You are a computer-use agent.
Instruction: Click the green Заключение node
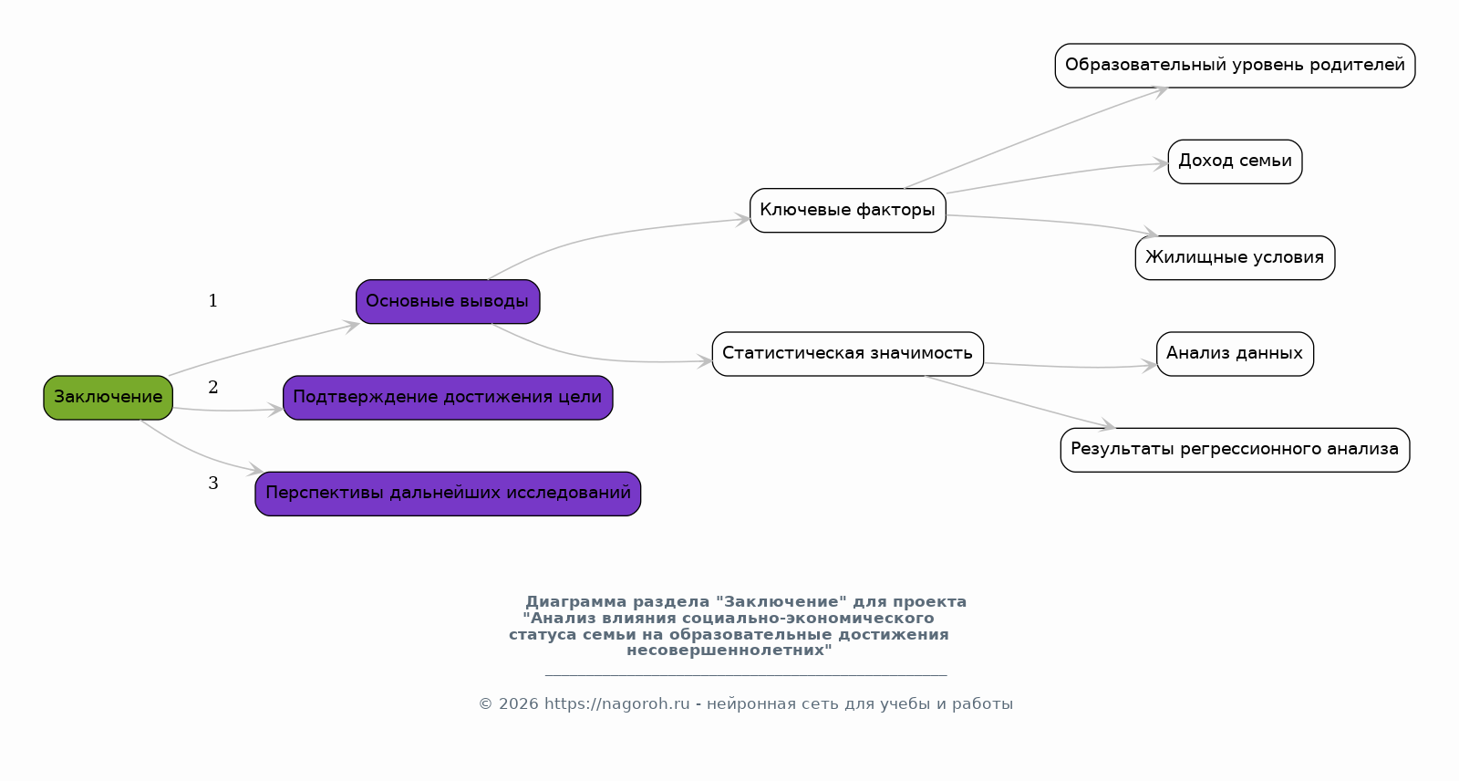[x=109, y=398]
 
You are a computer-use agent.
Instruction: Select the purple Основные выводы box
[x=448, y=302]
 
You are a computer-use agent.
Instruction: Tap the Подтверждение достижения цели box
[x=448, y=398]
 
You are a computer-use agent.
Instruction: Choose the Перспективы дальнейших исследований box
[x=448, y=494]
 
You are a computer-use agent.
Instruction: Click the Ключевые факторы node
[x=847, y=211]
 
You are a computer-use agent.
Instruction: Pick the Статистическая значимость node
[x=847, y=354]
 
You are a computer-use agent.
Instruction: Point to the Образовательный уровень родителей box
[x=1235, y=66]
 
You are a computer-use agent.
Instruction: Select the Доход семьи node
[x=1235, y=161]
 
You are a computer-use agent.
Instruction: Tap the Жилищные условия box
[x=1235, y=258]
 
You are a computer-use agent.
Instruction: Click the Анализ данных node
[x=1235, y=354]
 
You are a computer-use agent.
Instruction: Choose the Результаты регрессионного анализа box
[x=1235, y=450]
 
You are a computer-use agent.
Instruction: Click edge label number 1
[x=213, y=300]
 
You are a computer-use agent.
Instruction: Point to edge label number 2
[x=213, y=387]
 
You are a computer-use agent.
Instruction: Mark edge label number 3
[x=213, y=483]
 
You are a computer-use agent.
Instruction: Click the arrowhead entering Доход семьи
[x=1160, y=163]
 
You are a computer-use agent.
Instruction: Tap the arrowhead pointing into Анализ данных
[x=1149, y=366]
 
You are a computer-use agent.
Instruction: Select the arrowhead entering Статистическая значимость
[x=705, y=361]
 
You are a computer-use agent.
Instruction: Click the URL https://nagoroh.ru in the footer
[x=616, y=704]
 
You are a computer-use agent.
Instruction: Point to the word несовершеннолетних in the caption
[x=729, y=650]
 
